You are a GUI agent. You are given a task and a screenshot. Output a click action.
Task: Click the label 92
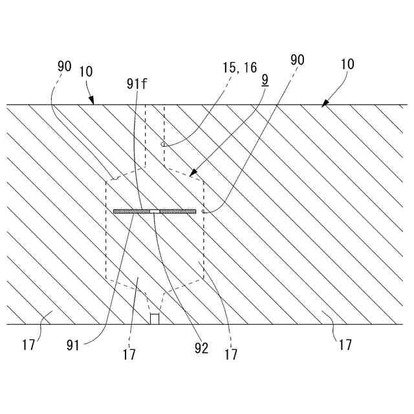tap(201, 348)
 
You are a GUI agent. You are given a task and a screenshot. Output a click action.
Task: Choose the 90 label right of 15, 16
tap(297, 60)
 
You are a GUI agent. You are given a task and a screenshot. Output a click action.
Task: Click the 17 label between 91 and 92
tap(129, 354)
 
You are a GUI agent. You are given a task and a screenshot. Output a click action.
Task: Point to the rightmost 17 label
tap(345, 345)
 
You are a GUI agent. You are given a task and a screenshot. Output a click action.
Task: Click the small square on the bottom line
tap(155, 319)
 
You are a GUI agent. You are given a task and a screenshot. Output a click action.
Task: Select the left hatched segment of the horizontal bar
tap(131, 211)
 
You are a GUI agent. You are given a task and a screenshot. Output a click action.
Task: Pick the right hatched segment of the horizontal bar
tap(178, 211)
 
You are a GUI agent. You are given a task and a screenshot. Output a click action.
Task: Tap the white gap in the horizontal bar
tap(155, 211)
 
